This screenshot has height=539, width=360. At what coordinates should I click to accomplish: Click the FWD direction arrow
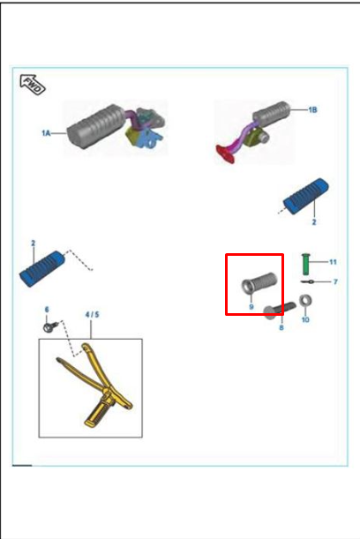pyautogui.click(x=33, y=84)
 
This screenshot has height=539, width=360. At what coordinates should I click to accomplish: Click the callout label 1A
pyautogui.click(x=46, y=132)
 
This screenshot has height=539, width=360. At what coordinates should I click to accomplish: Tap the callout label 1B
pyautogui.click(x=312, y=110)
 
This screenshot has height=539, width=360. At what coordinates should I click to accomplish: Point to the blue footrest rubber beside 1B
pyautogui.click(x=305, y=197)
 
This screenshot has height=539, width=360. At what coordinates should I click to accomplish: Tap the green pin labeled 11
pyautogui.click(x=305, y=264)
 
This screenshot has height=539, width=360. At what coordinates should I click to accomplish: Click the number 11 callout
pyautogui.click(x=333, y=262)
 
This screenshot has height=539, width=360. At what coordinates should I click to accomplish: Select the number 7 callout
pyautogui.click(x=335, y=282)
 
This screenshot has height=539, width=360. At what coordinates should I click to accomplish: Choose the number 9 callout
pyautogui.click(x=251, y=306)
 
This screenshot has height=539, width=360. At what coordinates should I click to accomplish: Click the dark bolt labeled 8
pyautogui.click(x=280, y=310)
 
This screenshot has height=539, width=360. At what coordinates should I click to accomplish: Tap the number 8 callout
pyautogui.click(x=281, y=327)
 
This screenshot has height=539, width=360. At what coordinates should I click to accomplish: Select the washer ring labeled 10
pyautogui.click(x=305, y=301)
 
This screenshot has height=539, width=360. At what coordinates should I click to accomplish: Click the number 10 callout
pyautogui.click(x=305, y=319)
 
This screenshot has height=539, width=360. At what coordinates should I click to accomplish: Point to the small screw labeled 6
pyautogui.click(x=50, y=326)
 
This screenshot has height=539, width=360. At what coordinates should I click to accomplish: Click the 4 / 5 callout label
pyautogui.click(x=92, y=315)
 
